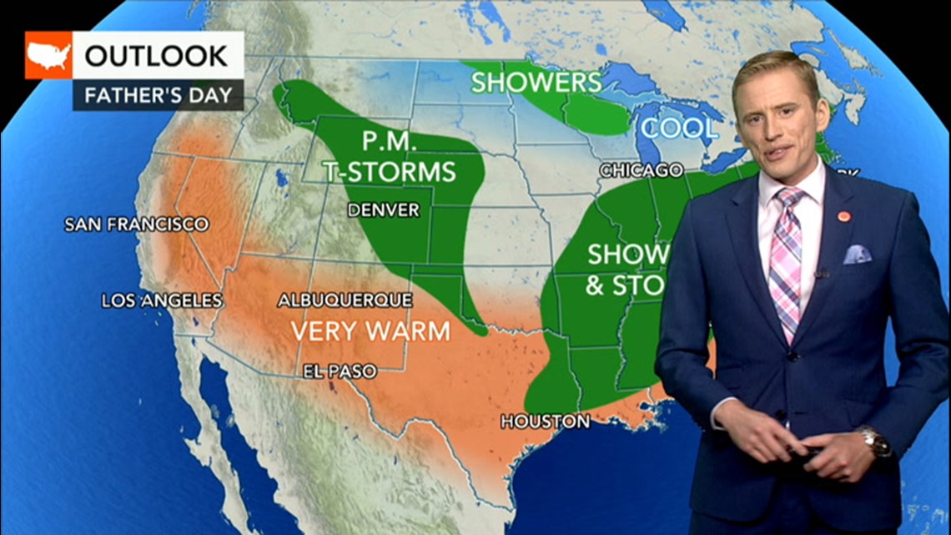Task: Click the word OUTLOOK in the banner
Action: tap(156, 56)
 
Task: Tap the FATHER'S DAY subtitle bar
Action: tap(158, 94)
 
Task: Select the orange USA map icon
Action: tap(48, 56)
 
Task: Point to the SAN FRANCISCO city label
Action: tap(137, 225)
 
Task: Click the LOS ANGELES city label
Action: tap(162, 300)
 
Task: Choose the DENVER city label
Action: tap(383, 209)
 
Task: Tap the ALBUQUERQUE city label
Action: tap(345, 300)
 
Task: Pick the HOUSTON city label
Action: tap(545, 422)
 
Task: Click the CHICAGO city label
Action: tap(641, 170)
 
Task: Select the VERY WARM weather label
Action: tap(370, 331)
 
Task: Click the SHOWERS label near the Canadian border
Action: tap(536, 82)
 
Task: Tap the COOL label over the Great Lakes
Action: tap(678, 129)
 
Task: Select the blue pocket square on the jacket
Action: tap(856, 254)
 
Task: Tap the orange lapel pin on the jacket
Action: tap(843, 216)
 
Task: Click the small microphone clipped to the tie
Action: tap(821, 273)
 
